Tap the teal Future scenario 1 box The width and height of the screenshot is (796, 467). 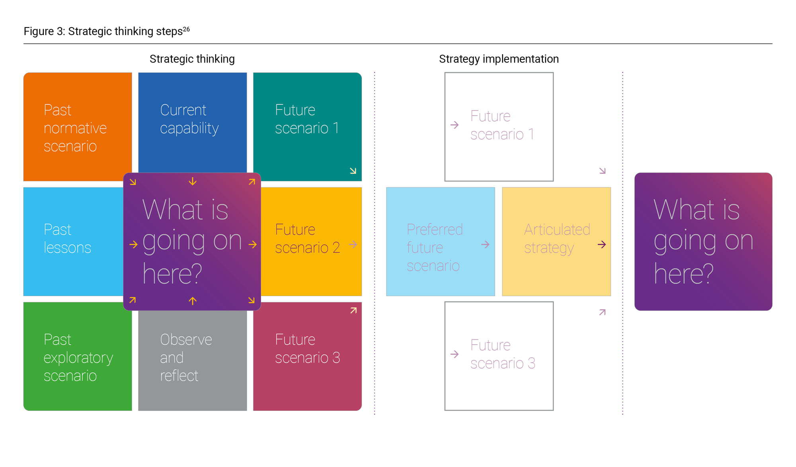tap(307, 127)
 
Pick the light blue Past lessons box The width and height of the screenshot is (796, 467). tap(73, 241)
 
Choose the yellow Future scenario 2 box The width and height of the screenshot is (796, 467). tap(311, 241)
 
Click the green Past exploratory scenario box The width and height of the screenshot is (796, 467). tap(78, 357)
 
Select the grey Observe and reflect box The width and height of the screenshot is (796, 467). tap(192, 361)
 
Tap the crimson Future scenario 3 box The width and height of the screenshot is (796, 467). tap(307, 357)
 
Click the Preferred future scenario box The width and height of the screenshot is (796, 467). tap(441, 241)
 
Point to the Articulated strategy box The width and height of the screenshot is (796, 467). tap(556, 241)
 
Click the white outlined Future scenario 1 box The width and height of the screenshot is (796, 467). tap(499, 127)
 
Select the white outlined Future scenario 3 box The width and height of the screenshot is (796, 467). tap(499, 356)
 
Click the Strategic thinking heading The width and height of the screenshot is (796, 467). tap(192, 59)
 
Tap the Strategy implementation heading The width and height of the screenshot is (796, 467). tap(499, 59)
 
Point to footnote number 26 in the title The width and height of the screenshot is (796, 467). tap(186, 29)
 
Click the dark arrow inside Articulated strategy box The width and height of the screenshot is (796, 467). tap(602, 244)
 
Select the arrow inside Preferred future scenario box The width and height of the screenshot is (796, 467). tap(485, 244)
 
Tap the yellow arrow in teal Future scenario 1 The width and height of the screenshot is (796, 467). tap(353, 171)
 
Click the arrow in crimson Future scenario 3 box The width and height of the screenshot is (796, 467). tap(353, 310)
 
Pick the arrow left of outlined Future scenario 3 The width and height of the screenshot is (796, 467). tap(455, 354)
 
